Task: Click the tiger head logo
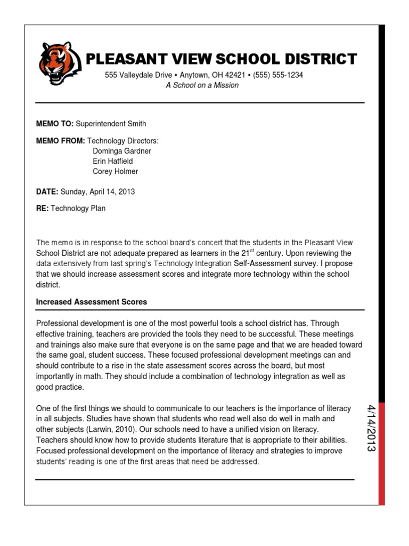click(60, 63)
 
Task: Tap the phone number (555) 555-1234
click(278, 75)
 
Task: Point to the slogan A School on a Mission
click(202, 85)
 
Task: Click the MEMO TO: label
click(54, 124)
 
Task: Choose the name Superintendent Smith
click(111, 124)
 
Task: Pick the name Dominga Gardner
click(122, 151)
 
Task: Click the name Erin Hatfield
click(113, 161)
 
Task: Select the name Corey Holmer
click(115, 171)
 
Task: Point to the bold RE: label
click(42, 208)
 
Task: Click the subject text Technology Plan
click(78, 208)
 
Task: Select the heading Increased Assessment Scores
click(91, 302)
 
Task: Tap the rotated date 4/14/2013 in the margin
click(371, 428)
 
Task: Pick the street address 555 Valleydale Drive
click(138, 75)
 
